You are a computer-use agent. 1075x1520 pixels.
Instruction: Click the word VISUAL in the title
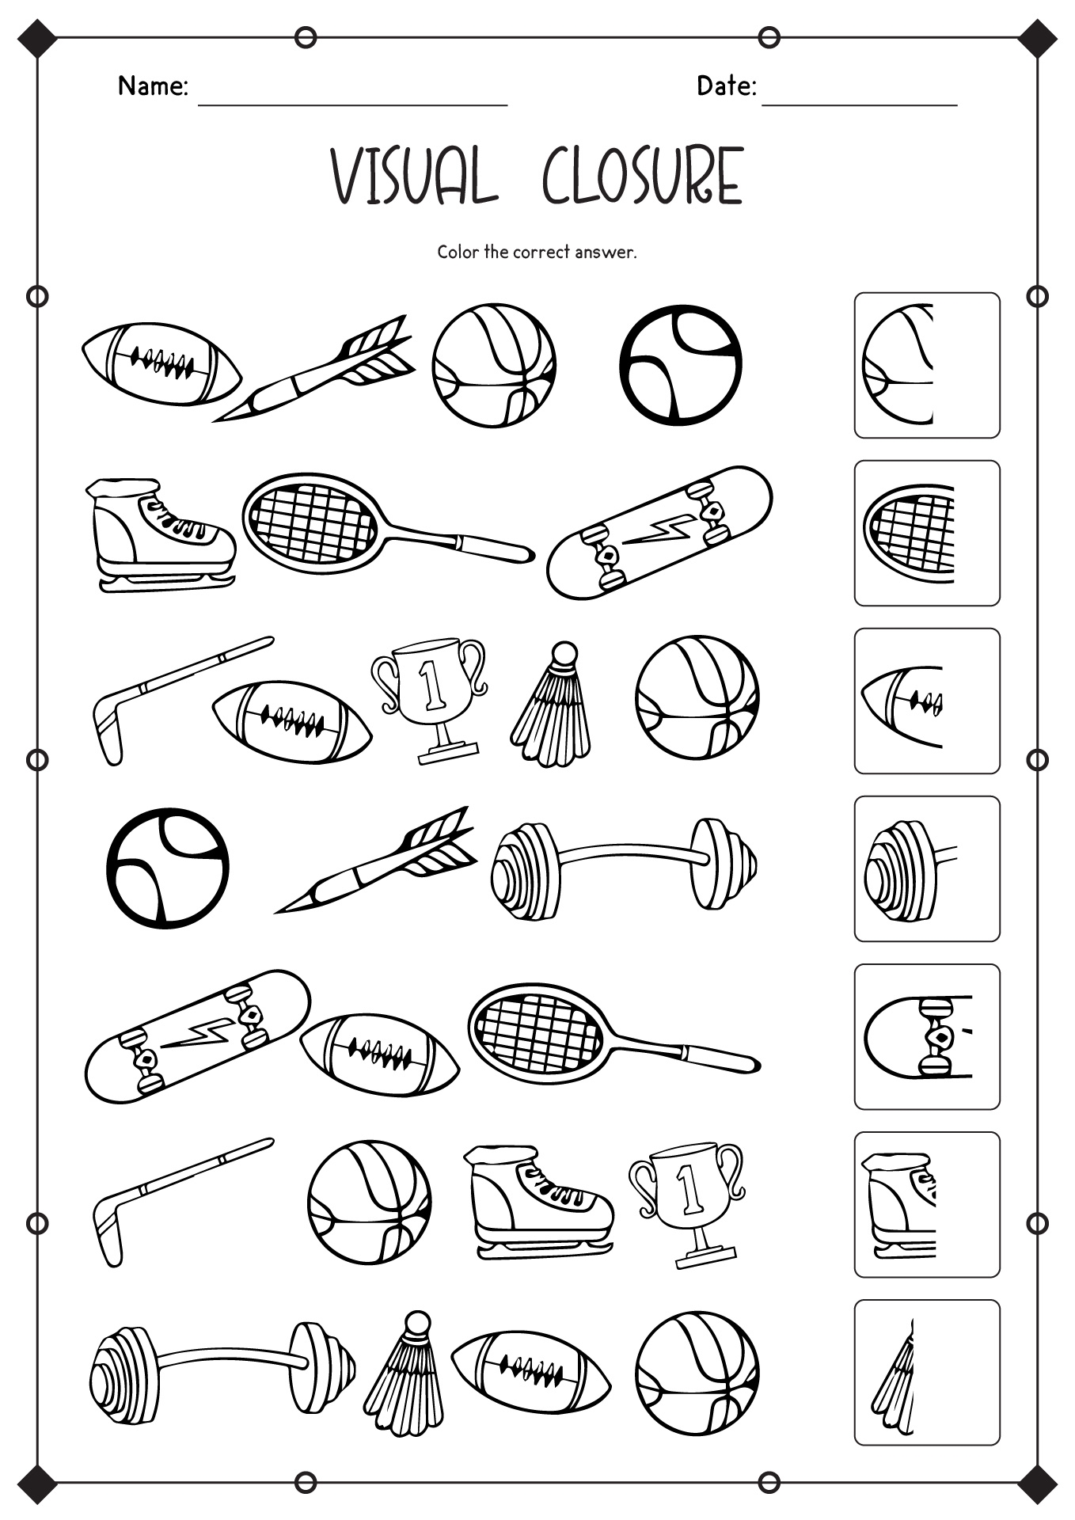(414, 176)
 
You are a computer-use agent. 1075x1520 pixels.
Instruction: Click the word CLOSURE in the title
(642, 176)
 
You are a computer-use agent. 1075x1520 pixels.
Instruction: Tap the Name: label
(153, 85)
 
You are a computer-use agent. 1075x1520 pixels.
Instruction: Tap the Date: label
(726, 85)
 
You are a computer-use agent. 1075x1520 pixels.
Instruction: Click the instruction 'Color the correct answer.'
(537, 253)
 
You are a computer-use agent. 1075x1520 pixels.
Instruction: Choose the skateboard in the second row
(659, 531)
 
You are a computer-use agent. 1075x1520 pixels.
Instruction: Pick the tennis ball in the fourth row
(167, 868)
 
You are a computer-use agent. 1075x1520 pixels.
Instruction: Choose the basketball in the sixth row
(369, 1202)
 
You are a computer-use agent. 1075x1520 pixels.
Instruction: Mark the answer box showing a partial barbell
(926, 868)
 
